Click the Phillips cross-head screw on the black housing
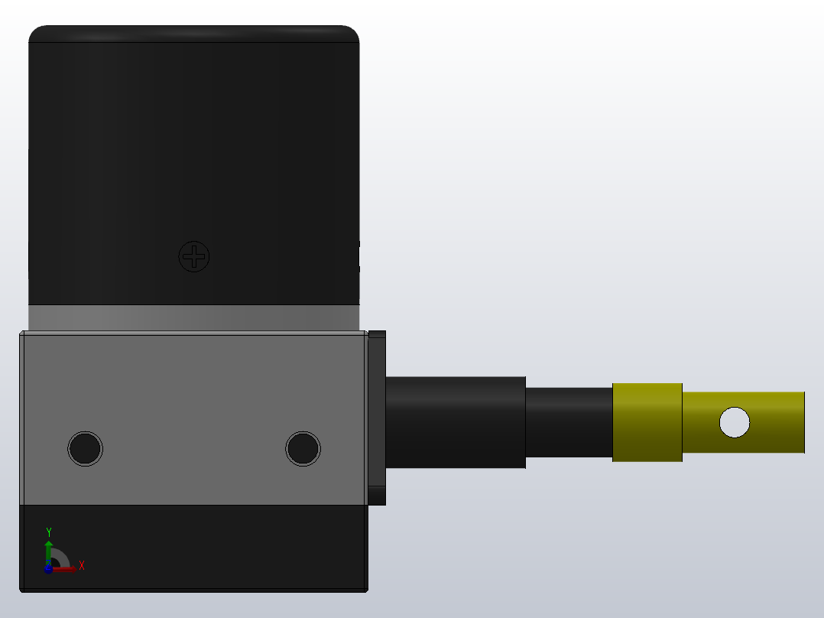[x=194, y=256]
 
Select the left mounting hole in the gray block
[x=85, y=448]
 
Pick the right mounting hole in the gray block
[x=303, y=448]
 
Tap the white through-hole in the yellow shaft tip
[x=735, y=422]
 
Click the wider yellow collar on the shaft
[x=647, y=422]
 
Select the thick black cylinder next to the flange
[x=456, y=422]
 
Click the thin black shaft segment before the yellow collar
[x=569, y=422]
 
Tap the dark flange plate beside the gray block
[x=377, y=418]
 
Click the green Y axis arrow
[x=49, y=548]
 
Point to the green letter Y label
[x=49, y=532]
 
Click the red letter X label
[x=81, y=566]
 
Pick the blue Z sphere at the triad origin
[x=48, y=568]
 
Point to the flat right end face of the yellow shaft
[x=803, y=422]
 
